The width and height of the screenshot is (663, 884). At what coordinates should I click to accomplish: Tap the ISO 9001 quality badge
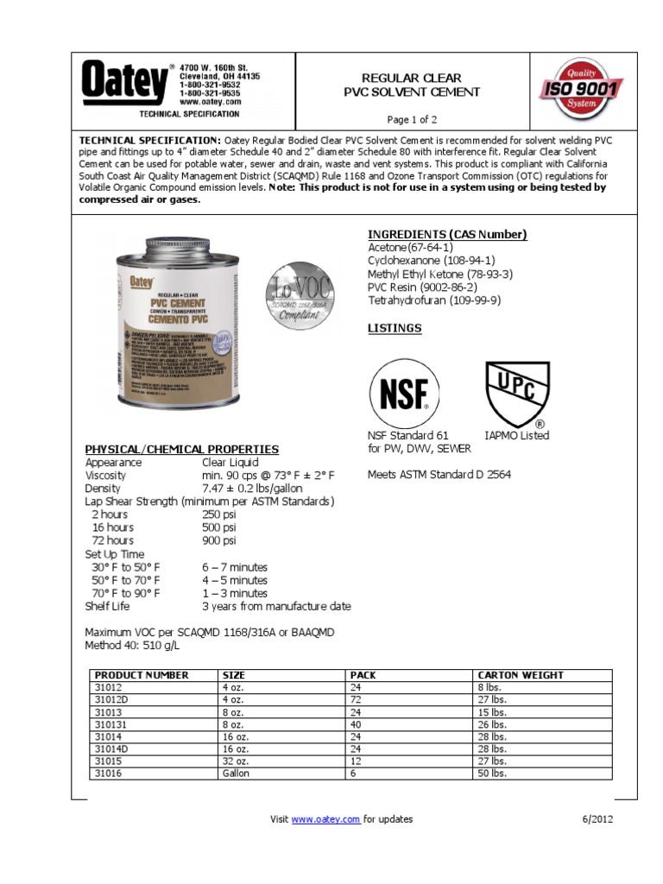[581, 88]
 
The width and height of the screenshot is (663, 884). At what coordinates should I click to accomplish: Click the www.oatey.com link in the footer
[325, 819]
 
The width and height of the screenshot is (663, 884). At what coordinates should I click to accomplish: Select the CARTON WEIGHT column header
[520, 675]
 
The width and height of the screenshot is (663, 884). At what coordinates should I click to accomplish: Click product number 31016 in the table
[109, 773]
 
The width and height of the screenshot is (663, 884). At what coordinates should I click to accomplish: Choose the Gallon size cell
[236, 773]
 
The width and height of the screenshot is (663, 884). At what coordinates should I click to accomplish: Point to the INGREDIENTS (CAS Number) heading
[447, 235]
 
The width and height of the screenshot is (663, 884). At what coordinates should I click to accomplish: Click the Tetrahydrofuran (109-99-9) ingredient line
[433, 300]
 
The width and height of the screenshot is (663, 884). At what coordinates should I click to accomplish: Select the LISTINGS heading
[395, 328]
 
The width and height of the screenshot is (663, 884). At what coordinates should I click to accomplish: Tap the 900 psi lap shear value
[218, 540]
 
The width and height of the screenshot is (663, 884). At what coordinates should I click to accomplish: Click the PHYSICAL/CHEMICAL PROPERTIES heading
[181, 449]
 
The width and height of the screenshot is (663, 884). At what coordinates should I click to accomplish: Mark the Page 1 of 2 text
[412, 119]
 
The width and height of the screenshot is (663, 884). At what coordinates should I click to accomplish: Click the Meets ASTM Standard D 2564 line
[439, 474]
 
